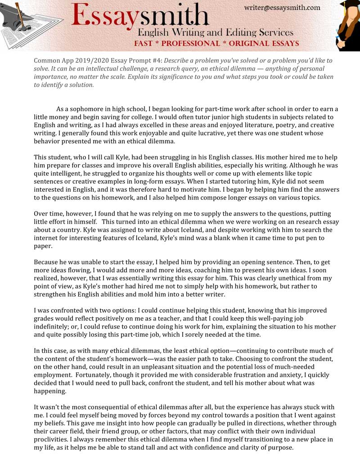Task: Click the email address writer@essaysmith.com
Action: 282,7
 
